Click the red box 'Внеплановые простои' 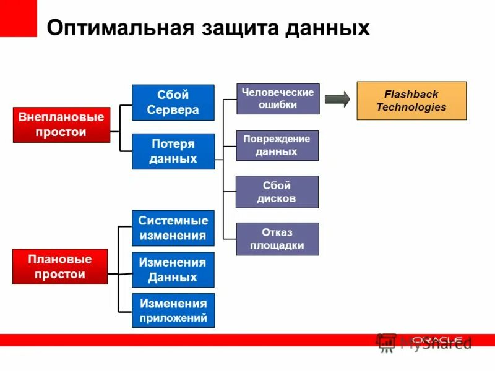click(61, 125)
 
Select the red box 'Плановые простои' click(60, 267)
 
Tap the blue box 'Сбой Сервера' click(173, 103)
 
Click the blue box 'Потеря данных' click(173, 151)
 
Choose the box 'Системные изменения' click(173, 228)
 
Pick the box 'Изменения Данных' click(173, 270)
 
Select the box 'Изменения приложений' click(173, 311)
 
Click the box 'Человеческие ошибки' click(278, 99)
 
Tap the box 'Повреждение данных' click(277, 145)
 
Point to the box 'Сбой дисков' click(277, 192)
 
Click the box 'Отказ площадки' click(277, 239)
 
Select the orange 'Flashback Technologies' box click(411, 101)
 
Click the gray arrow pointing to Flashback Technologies click(337, 100)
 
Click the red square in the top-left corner click(19, 19)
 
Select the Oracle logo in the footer click(437, 339)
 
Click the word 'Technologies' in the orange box click(411, 108)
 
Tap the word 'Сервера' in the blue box click(173, 111)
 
